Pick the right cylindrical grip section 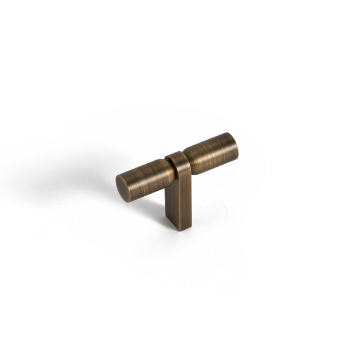(x=210, y=153)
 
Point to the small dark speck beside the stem (x=224, y=207)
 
